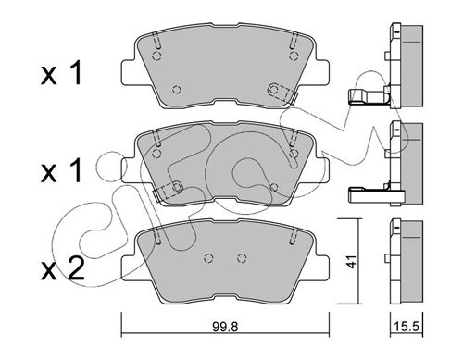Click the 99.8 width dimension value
pyautogui.click(x=225, y=327)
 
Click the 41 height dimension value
pyautogui.click(x=351, y=262)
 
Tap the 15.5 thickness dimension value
pyautogui.click(x=407, y=326)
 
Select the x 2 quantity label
pyautogui.click(x=63, y=269)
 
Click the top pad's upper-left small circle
pyautogui.click(x=157, y=56)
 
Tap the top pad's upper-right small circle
pyautogui.click(x=294, y=56)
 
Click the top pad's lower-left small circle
pyautogui.click(x=176, y=90)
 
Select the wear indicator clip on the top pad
pyautogui.click(x=282, y=92)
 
